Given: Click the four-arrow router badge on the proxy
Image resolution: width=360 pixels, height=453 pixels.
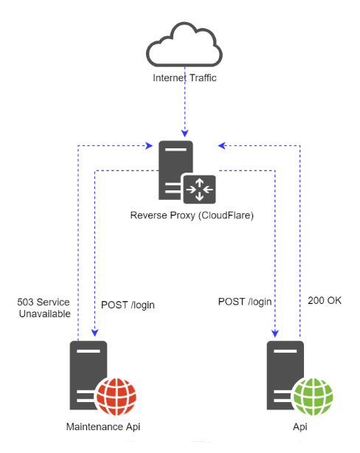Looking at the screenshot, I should pos(200,190).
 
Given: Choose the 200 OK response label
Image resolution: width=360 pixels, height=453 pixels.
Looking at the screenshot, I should pos(325,300).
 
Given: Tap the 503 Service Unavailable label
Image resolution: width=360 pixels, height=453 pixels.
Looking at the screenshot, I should pos(44,308).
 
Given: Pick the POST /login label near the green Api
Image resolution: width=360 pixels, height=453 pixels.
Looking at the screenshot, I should pos(244,302).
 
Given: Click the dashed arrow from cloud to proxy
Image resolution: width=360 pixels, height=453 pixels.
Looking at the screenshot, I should pos(185,111).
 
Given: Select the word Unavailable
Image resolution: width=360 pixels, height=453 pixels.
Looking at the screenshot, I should pos(44,314).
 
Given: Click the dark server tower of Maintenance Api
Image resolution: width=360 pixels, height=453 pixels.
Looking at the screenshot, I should pos(87,373).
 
